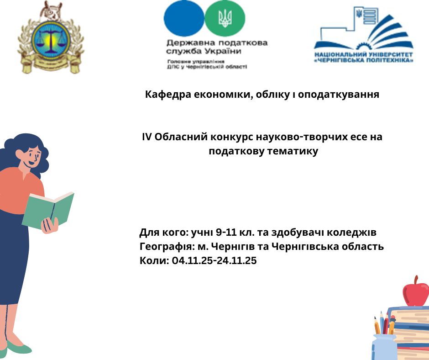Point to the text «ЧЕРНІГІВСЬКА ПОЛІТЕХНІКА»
coord(363,60)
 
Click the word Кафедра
coord(163,95)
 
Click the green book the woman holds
coord(48,210)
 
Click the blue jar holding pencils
coord(384,347)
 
